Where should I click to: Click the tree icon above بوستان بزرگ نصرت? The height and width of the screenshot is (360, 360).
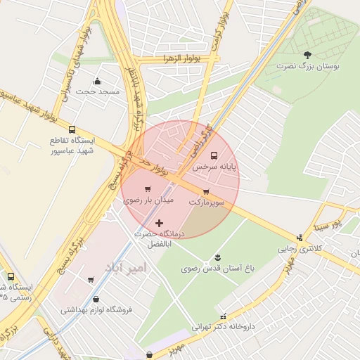307,54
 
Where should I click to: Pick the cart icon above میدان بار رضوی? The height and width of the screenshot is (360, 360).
148,189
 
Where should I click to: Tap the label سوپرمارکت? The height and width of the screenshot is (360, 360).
206,202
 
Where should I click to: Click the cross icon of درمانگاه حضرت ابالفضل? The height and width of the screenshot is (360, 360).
159,223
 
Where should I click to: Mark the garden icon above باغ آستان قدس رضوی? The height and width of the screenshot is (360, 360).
217,255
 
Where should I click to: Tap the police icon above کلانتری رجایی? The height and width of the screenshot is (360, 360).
300,238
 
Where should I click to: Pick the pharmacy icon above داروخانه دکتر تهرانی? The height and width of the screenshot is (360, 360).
224,316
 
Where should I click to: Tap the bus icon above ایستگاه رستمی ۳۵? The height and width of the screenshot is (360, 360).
11,276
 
